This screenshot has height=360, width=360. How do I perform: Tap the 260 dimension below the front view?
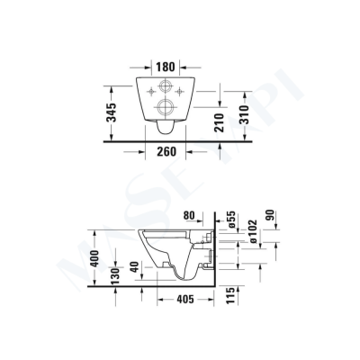pyautogui.click(x=164, y=151)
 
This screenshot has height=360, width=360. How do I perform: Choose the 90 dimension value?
pyautogui.click(x=268, y=219)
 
